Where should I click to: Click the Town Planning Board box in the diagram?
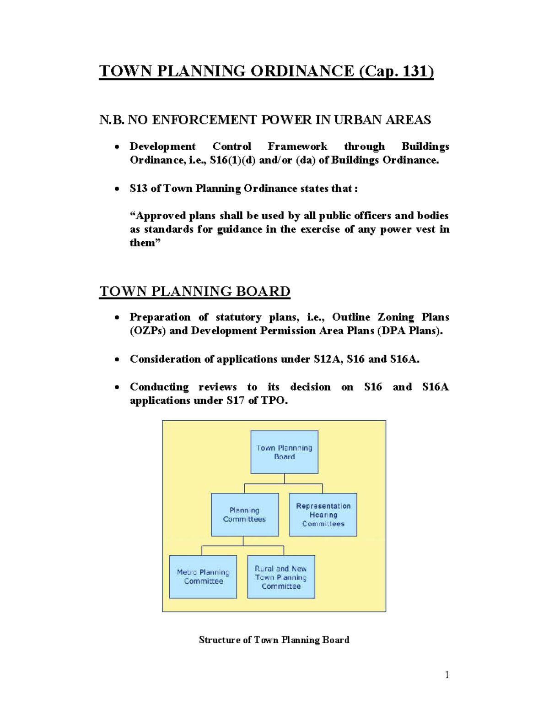[284, 452]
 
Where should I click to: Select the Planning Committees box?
[245, 515]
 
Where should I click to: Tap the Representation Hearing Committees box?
[323, 515]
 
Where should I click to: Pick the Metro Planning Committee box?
[203, 577]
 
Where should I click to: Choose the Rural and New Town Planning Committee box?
[281, 577]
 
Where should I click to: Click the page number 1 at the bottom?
[447, 675]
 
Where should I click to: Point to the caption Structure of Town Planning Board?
[274, 640]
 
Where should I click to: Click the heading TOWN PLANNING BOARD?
[195, 292]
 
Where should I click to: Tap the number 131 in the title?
[416, 71]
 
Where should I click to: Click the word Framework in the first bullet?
[297, 147]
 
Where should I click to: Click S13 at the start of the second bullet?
[139, 189]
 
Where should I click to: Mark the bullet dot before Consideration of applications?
[118, 360]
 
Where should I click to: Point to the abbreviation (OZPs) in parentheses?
[148, 331]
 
